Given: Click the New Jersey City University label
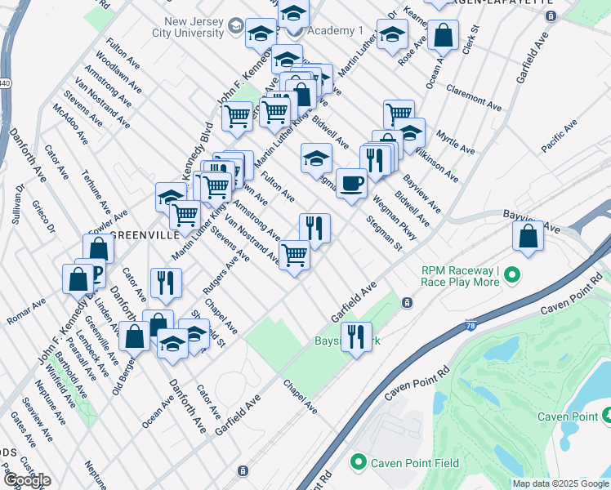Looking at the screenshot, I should (182, 28).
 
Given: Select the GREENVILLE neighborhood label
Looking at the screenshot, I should (145, 235).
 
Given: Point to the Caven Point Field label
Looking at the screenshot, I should (417, 463).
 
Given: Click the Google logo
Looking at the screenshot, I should (26, 480).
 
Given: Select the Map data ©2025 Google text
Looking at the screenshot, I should (560, 483).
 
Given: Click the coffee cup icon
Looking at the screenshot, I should (351, 183).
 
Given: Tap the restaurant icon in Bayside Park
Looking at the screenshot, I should (355, 335).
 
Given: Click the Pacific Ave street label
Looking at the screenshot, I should (559, 134).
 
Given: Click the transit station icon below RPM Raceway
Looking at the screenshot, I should (407, 303).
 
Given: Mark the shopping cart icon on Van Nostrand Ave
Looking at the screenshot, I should (294, 255).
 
